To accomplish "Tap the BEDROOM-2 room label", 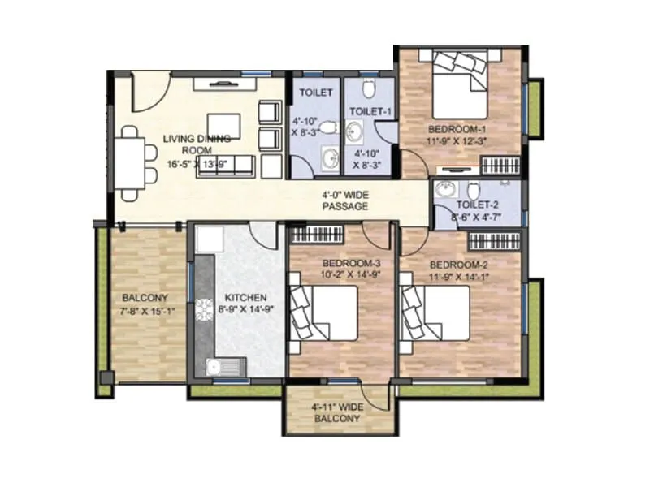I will (x=458, y=265).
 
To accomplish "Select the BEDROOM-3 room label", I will (x=351, y=264).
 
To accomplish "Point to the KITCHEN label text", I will (x=241, y=297).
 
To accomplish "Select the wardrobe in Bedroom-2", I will (x=495, y=241).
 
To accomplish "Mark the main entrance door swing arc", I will (x=151, y=91).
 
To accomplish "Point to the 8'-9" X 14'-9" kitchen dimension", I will (x=241, y=309).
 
